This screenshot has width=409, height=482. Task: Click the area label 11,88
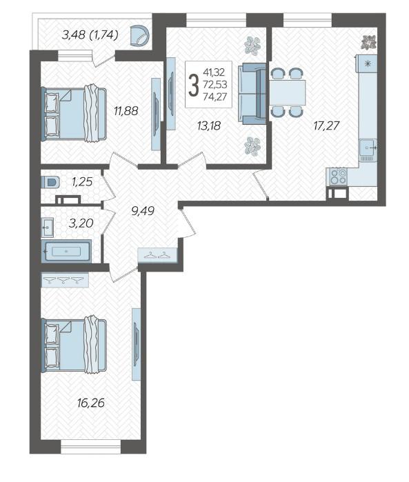(126, 111)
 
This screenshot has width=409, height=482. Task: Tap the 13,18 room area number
(209, 125)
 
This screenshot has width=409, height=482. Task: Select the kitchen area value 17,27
(327, 125)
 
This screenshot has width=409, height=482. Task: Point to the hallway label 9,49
(142, 211)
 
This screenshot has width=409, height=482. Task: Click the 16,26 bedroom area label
(91, 403)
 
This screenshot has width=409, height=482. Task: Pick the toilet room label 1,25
(82, 181)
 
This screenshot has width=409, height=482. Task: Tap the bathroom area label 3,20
(81, 223)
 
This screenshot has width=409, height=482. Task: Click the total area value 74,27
(215, 97)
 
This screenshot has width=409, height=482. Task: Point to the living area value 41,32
(214, 72)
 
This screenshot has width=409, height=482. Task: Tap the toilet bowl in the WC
(50, 182)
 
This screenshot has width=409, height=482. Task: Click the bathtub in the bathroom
(66, 252)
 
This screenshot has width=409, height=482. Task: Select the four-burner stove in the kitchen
(338, 177)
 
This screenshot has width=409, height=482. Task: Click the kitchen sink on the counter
(368, 148)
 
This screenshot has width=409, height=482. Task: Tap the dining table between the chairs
(288, 92)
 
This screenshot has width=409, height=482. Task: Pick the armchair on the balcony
(140, 36)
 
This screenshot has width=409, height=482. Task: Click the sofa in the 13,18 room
(252, 94)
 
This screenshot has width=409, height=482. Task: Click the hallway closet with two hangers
(157, 255)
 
